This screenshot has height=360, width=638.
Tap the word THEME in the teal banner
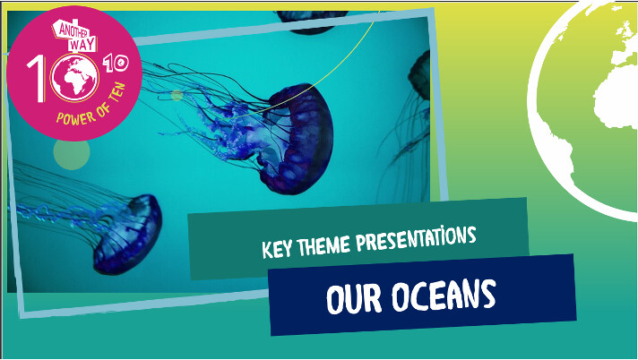click(x=323, y=245)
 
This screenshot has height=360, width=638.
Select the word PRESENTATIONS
click(x=416, y=240)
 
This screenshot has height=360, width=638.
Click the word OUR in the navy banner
click(x=354, y=298)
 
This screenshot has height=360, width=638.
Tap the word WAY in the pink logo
click(x=82, y=45)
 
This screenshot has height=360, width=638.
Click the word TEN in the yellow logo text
click(x=118, y=93)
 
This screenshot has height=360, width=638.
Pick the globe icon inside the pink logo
click(x=74, y=78)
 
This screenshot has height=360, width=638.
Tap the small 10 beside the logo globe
click(x=116, y=64)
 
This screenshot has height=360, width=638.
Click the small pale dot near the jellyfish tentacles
click(x=177, y=96)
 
